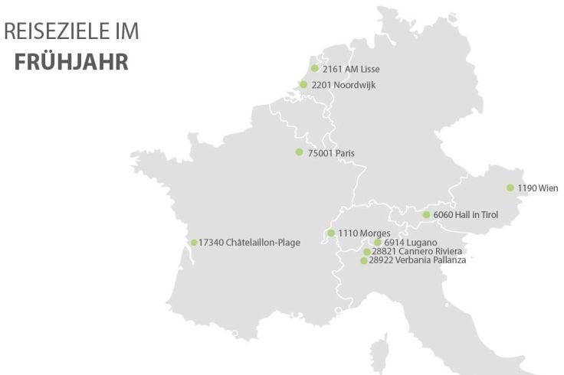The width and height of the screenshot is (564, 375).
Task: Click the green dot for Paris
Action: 300,152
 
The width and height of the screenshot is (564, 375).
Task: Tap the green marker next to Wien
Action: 510,187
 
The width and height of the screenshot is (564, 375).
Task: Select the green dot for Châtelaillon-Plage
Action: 194,243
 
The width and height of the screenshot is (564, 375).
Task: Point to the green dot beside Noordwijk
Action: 303,85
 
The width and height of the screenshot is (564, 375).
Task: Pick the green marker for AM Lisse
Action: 314,68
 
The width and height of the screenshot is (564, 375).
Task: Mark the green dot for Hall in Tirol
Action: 427,215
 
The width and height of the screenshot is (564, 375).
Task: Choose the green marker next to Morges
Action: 331,233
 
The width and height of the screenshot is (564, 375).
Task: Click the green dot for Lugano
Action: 378,243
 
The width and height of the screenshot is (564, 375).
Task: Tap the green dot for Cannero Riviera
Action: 367,252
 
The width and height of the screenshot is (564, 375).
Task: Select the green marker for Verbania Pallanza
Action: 364,261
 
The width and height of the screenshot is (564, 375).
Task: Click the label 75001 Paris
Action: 331,153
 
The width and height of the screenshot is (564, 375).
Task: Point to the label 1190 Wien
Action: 538,188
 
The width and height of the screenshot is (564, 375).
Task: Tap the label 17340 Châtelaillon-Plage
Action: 250,243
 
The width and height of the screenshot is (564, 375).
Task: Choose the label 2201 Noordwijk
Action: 343,85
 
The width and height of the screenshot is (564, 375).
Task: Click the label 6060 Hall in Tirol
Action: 466,215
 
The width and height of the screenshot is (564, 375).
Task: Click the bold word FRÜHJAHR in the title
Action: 71,60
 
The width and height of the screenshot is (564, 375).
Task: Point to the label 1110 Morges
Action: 365,233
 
